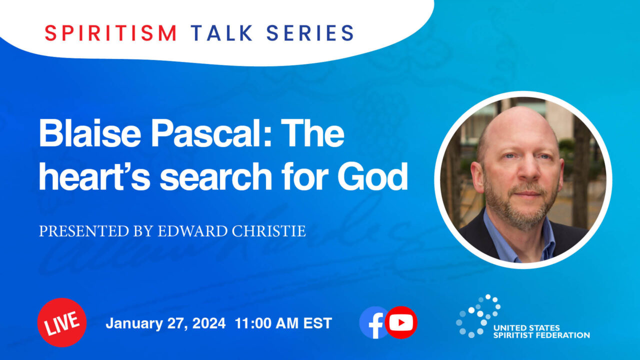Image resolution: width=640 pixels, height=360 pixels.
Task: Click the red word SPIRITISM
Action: click(111, 33)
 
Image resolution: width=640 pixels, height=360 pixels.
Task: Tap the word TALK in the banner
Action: click(221, 33)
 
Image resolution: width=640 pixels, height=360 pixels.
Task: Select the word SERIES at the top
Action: click(310, 33)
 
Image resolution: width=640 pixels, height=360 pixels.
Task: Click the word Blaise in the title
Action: click(89, 133)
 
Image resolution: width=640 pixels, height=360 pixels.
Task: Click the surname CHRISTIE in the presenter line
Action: click(268, 231)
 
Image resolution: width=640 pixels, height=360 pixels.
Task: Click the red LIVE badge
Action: click(62, 322)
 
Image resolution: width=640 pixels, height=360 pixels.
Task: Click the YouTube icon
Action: click(401, 322)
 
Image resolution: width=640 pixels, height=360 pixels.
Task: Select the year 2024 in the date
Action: click(209, 323)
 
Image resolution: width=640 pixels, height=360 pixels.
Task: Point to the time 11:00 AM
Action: click(266, 323)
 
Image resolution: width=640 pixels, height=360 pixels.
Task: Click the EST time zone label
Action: click(317, 323)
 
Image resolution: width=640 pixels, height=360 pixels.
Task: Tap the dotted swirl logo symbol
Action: click(478, 316)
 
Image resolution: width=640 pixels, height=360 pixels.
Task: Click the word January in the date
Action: click(134, 324)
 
